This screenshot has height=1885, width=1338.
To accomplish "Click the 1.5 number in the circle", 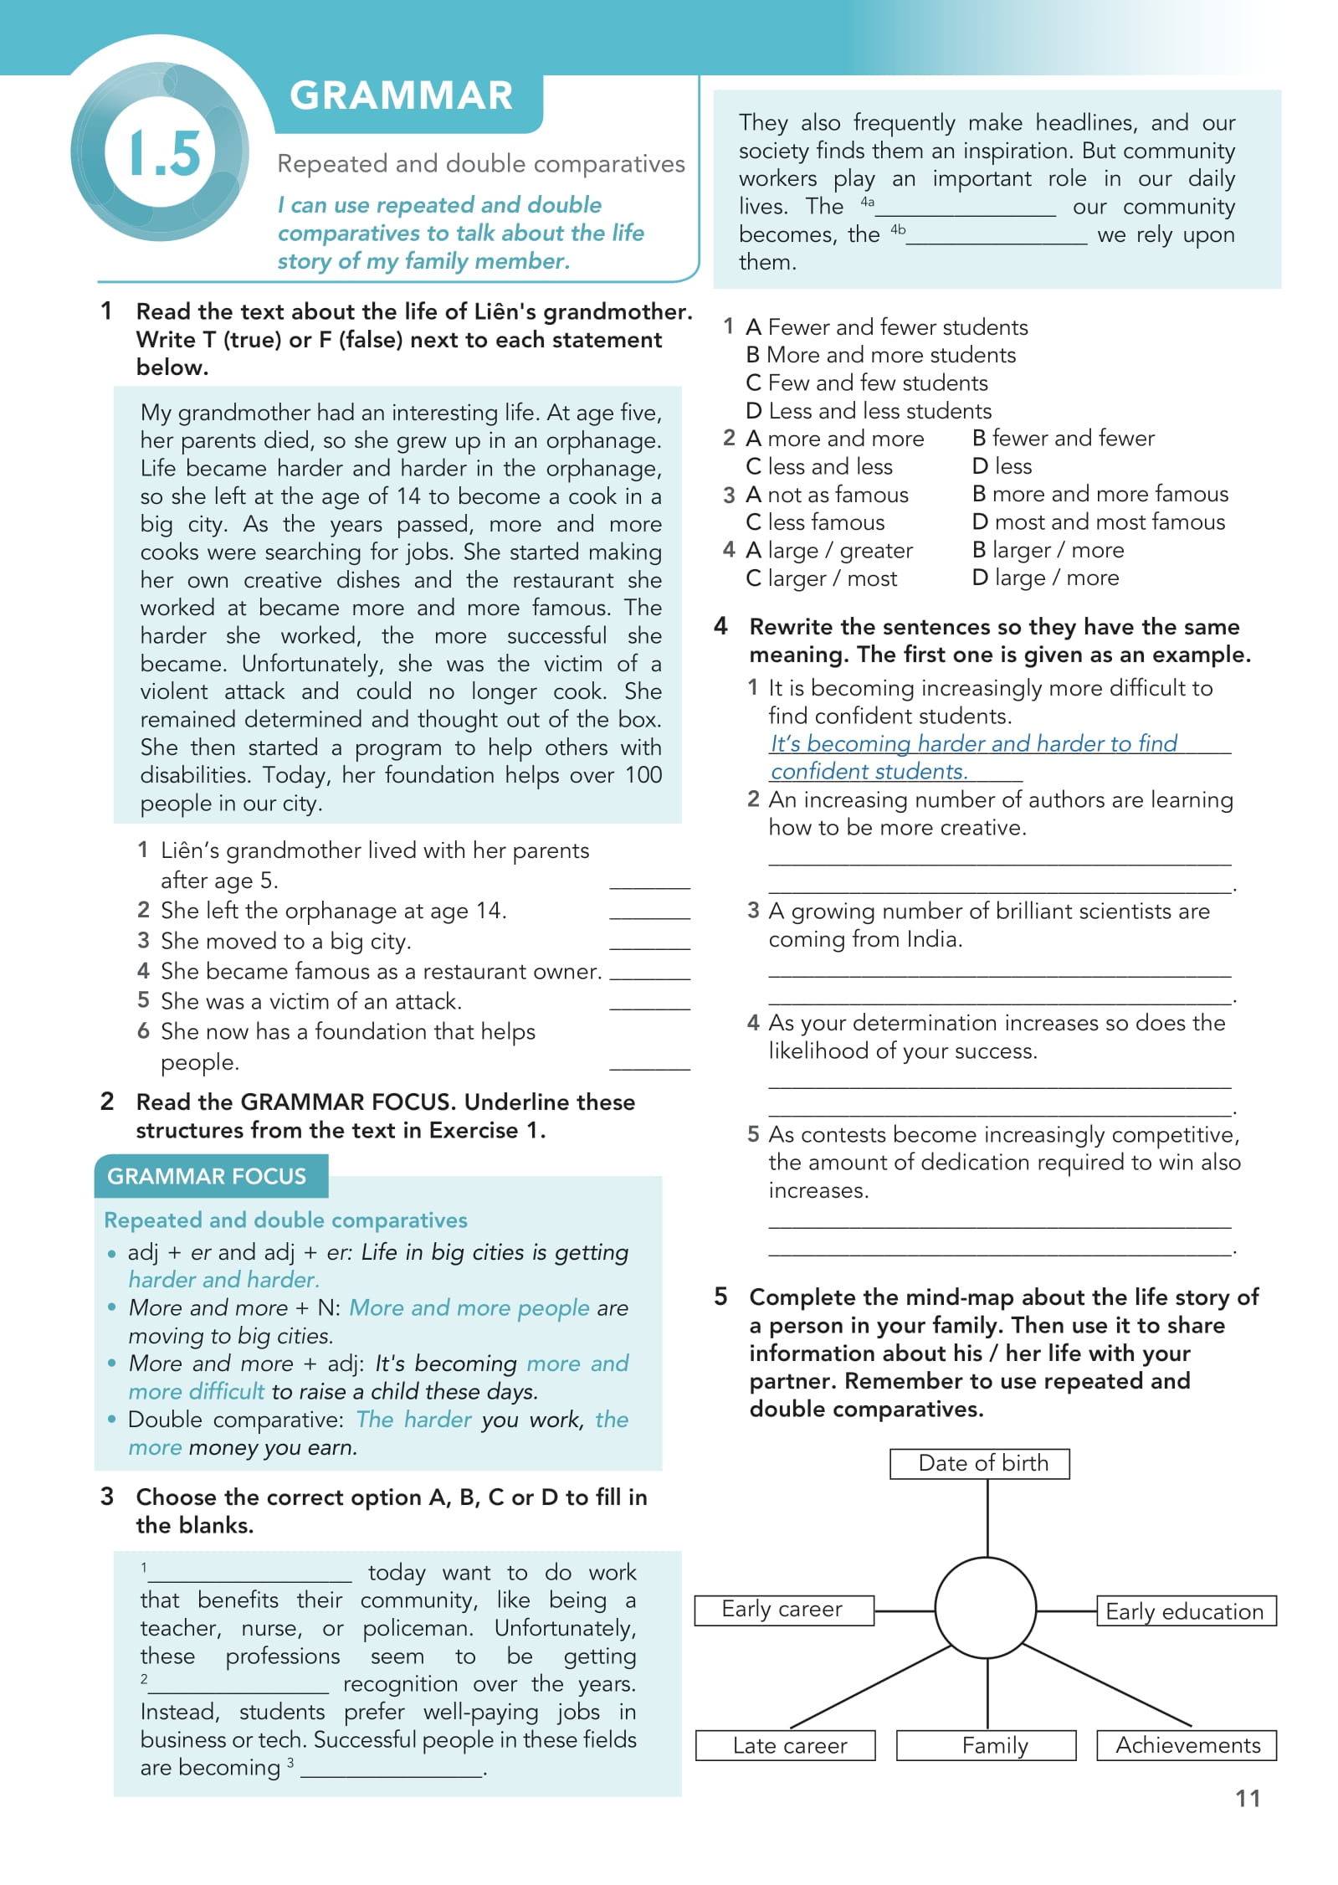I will (165, 154).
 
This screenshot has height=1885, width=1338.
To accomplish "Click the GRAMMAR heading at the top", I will (401, 96).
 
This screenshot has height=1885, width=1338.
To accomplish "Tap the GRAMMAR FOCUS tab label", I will (207, 1176).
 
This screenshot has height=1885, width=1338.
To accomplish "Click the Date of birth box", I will (982, 1463).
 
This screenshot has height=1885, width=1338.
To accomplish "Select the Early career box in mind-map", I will (783, 1610).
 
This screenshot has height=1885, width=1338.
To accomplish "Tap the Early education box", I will (1185, 1611).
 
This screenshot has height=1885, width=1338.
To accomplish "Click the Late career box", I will (788, 1746).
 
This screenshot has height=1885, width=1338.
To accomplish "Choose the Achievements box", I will (1187, 1746).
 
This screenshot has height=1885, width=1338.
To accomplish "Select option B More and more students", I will (881, 355).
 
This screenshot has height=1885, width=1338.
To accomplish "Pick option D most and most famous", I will (1099, 522).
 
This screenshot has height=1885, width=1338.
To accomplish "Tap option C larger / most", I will (822, 578).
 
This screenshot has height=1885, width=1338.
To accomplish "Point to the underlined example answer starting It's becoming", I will (973, 744).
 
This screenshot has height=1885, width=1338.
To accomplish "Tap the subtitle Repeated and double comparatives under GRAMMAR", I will (480, 164).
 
